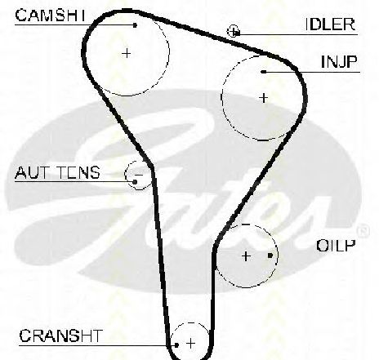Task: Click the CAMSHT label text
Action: tap(50, 16)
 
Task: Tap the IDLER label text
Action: tap(330, 24)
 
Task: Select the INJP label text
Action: tap(339, 62)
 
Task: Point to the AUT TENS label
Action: tap(57, 172)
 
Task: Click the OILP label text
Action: tap(336, 246)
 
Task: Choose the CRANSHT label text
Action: tap(61, 336)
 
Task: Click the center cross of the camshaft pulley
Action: tap(127, 53)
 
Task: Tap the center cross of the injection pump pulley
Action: tap(263, 98)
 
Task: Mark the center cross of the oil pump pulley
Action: tap(246, 256)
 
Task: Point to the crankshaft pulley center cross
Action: tap(191, 343)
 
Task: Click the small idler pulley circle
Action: tap(233, 31)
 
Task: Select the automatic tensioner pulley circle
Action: tap(138, 175)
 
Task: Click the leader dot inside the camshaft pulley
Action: tap(135, 25)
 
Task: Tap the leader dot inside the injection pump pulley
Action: tap(263, 72)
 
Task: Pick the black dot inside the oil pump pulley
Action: tap(270, 256)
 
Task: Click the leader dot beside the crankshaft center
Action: tap(176, 345)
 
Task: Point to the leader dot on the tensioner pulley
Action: tap(135, 181)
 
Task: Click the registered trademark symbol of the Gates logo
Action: tap(363, 231)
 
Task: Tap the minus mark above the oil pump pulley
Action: tap(246, 224)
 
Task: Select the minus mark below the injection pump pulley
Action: tap(263, 140)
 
